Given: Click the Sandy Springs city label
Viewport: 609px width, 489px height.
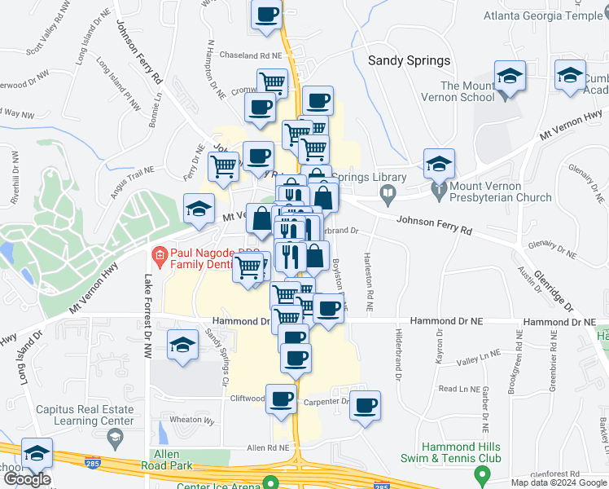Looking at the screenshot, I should [409, 61].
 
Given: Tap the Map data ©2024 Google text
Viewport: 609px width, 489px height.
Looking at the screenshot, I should [559, 482].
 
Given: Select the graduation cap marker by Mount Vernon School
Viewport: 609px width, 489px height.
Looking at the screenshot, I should [510, 76].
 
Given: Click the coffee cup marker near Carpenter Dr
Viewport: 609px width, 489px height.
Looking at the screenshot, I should [366, 405].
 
